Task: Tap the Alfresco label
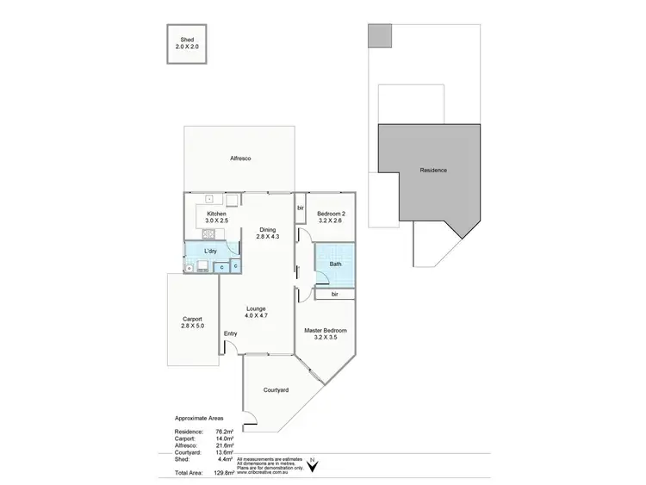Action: tap(239, 159)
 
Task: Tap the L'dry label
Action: tap(210, 251)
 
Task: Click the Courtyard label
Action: tap(275, 390)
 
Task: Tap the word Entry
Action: tap(231, 334)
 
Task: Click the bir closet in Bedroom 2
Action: tap(301, 208)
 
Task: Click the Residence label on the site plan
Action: tap(433, 171)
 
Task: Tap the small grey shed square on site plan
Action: tap(379, 35)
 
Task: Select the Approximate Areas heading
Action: tap(199, 416)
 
